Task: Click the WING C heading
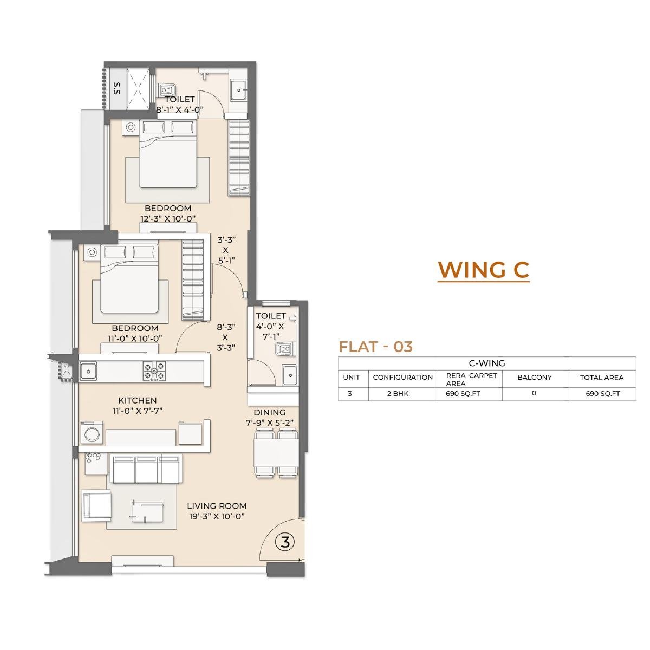coord(483,269)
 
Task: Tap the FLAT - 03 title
coord(375,347)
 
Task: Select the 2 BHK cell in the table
coord(402,394)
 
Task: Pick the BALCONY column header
coord(535,378)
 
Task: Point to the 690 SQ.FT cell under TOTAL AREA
coord(602,394)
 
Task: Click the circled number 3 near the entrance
coord(285,542)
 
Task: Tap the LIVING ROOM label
coord(217,506)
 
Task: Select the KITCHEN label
coord(138,400)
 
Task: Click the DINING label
coord(269,412)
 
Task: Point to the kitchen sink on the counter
coord(88,371)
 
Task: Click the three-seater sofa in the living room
coord(145,469)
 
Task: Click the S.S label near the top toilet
coord(116,88)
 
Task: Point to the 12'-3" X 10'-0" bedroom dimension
coord(168,219)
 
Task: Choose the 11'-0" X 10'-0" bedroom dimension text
coord(135,339)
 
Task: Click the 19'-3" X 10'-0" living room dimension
coord(217,516)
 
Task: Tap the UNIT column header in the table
coord(352,378)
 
